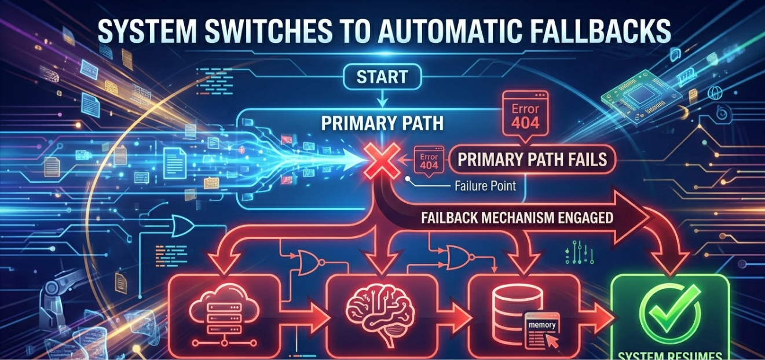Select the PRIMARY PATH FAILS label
pos(533,159)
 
